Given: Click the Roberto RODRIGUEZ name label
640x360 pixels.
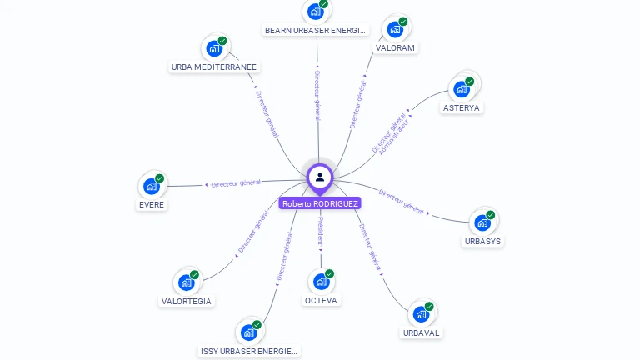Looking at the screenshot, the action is (x=320, y=203).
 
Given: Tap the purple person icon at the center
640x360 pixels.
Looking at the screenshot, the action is (x=320, y=177).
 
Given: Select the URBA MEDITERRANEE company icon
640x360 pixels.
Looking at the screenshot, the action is (x=214, y=48).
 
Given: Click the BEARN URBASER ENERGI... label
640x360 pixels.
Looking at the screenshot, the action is (x=316, y=31).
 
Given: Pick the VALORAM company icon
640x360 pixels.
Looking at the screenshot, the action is (x=395, y=29).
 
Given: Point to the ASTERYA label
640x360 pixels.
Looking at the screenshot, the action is (x=462, y=108).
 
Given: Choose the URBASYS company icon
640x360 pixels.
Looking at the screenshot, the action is (x=482, y=222).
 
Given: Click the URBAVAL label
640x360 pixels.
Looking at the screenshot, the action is (x=421, y=332).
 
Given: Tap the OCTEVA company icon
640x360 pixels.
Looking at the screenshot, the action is (x=321, y=281).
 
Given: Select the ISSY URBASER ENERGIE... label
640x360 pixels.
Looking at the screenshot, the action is (x=248, y=352).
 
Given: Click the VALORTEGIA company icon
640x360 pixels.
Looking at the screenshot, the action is (x=186, y=282).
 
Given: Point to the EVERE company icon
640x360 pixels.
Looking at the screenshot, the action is (x=151, y=186).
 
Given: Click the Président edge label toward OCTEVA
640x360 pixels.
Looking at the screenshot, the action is (x=321, y=230).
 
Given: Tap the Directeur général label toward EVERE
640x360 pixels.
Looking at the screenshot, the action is (x=236, y=183).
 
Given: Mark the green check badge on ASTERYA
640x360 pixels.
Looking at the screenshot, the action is (x=470, y=82).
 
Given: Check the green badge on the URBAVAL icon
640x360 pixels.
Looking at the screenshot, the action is (x=429, y=307).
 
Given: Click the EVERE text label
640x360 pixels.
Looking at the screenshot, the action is (x=152, y=205).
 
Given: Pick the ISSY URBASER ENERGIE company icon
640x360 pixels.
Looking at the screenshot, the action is (x=248, y=332).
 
